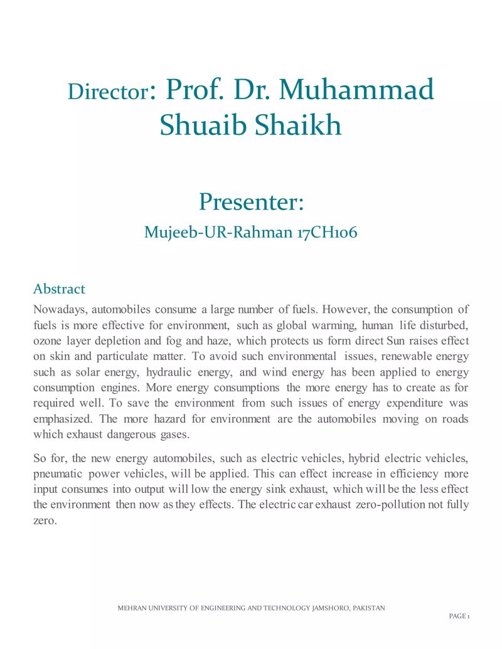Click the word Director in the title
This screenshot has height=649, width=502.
(106, 93)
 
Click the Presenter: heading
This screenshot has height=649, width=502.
(251, 202)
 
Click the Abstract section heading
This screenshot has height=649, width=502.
(59, 289)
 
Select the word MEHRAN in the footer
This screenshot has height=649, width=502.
(131, 608)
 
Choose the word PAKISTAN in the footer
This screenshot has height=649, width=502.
(369, 608)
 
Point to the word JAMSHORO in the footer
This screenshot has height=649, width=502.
(328, 608)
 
